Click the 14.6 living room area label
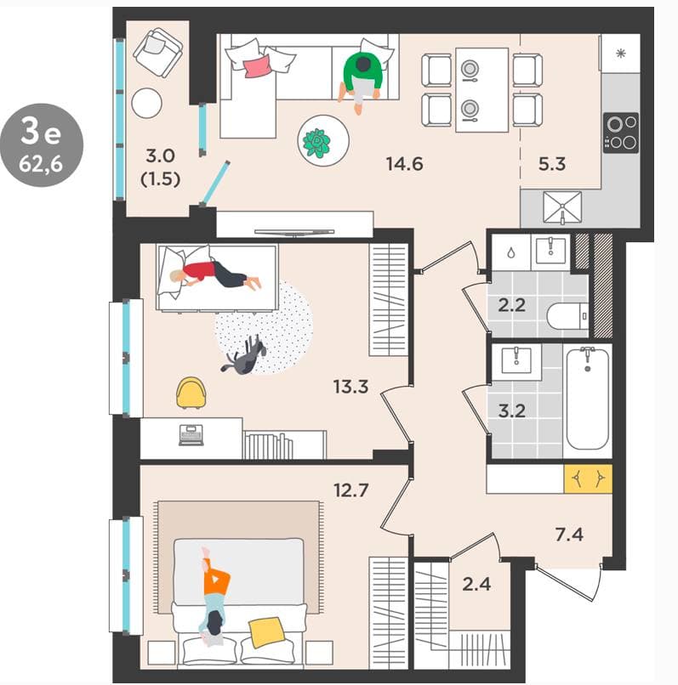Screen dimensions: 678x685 tap(404, 164)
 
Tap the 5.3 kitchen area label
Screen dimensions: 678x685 tap(551, 164)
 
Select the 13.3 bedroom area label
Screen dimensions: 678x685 tap(350, 387)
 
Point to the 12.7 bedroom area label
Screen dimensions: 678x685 tap(350, 490)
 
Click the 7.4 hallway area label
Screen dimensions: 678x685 tap(569, 535)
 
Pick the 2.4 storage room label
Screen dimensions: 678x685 tap(476, 584)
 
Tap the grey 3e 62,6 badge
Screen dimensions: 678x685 tap(42, 145)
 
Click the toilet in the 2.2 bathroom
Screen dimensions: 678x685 tap(567, 316)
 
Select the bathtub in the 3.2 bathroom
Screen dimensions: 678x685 tap(588, 399)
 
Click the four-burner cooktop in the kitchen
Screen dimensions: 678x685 tap(621, 133)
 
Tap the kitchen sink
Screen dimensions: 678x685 tap(562, 207)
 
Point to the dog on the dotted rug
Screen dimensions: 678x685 tap(244, 355)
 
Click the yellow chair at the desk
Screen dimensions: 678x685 tap(191, 393)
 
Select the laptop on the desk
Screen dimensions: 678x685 tap(191, 435)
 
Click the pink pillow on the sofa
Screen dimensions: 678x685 tap(258, 66)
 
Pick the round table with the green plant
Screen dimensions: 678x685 tap(323, 141)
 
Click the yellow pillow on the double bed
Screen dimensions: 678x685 tap(266, 631)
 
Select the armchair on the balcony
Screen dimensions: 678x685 tap(157, 52)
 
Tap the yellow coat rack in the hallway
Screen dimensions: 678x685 tap(588, 478)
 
